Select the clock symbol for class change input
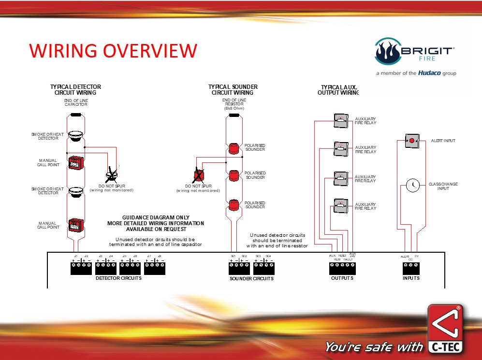tap(412, 185)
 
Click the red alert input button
tap(411, 141)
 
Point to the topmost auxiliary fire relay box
tap(341, 121)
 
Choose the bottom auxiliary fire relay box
tap(341, 206)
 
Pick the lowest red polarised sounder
tap(234, 204)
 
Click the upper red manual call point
tap(75, 162)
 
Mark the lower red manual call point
tap(75, 225)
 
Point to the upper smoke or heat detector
tap(75, 135)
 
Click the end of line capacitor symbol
tap(75, 115)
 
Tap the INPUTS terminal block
tap(411, 268)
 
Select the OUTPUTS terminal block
tap(342, 268)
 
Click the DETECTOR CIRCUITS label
tap(118, 278)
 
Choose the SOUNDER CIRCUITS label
tap(251, 279)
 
